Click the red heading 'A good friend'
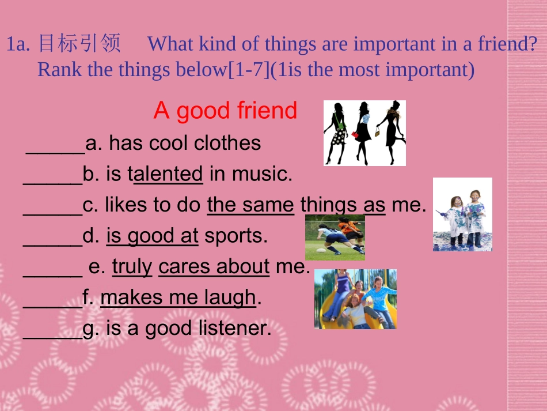click(x=225, y=111)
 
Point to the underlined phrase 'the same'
click(x=250, y=205)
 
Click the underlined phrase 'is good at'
click(x=152, y=236)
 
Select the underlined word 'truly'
click(x=132, y=266)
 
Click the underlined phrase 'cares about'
click(x=214, y=266)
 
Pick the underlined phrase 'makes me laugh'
click(x=178, y=297)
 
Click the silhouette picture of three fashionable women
click(x=364, y=133)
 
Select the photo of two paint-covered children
click(x=462, y=214)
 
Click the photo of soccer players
click(x=335, y=237)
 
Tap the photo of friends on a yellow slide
click(x=355, y=299)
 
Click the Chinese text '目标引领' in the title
click(x=79, y=43)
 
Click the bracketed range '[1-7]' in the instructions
click(x=249, y=70)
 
